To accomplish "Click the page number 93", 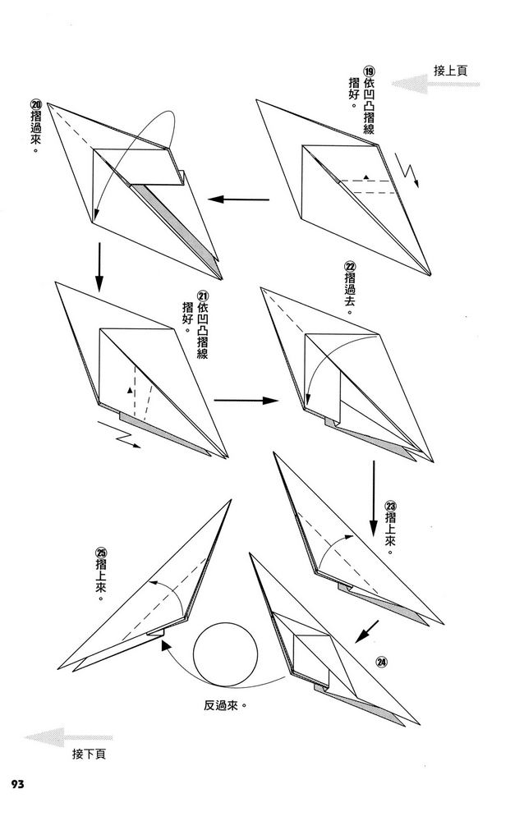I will pos(18,785).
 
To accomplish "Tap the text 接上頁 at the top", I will pos(451,71).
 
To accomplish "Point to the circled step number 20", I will pos(35,104).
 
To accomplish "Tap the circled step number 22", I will pos(350,267).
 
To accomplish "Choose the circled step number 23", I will pos(390,504).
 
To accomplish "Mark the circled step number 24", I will pos(381,663).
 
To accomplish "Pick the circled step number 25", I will pos(100,553).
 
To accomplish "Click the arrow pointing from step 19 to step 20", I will pos(238,199).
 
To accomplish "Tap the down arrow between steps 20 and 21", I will pos(99,267).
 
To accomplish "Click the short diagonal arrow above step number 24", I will pos(366,631).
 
